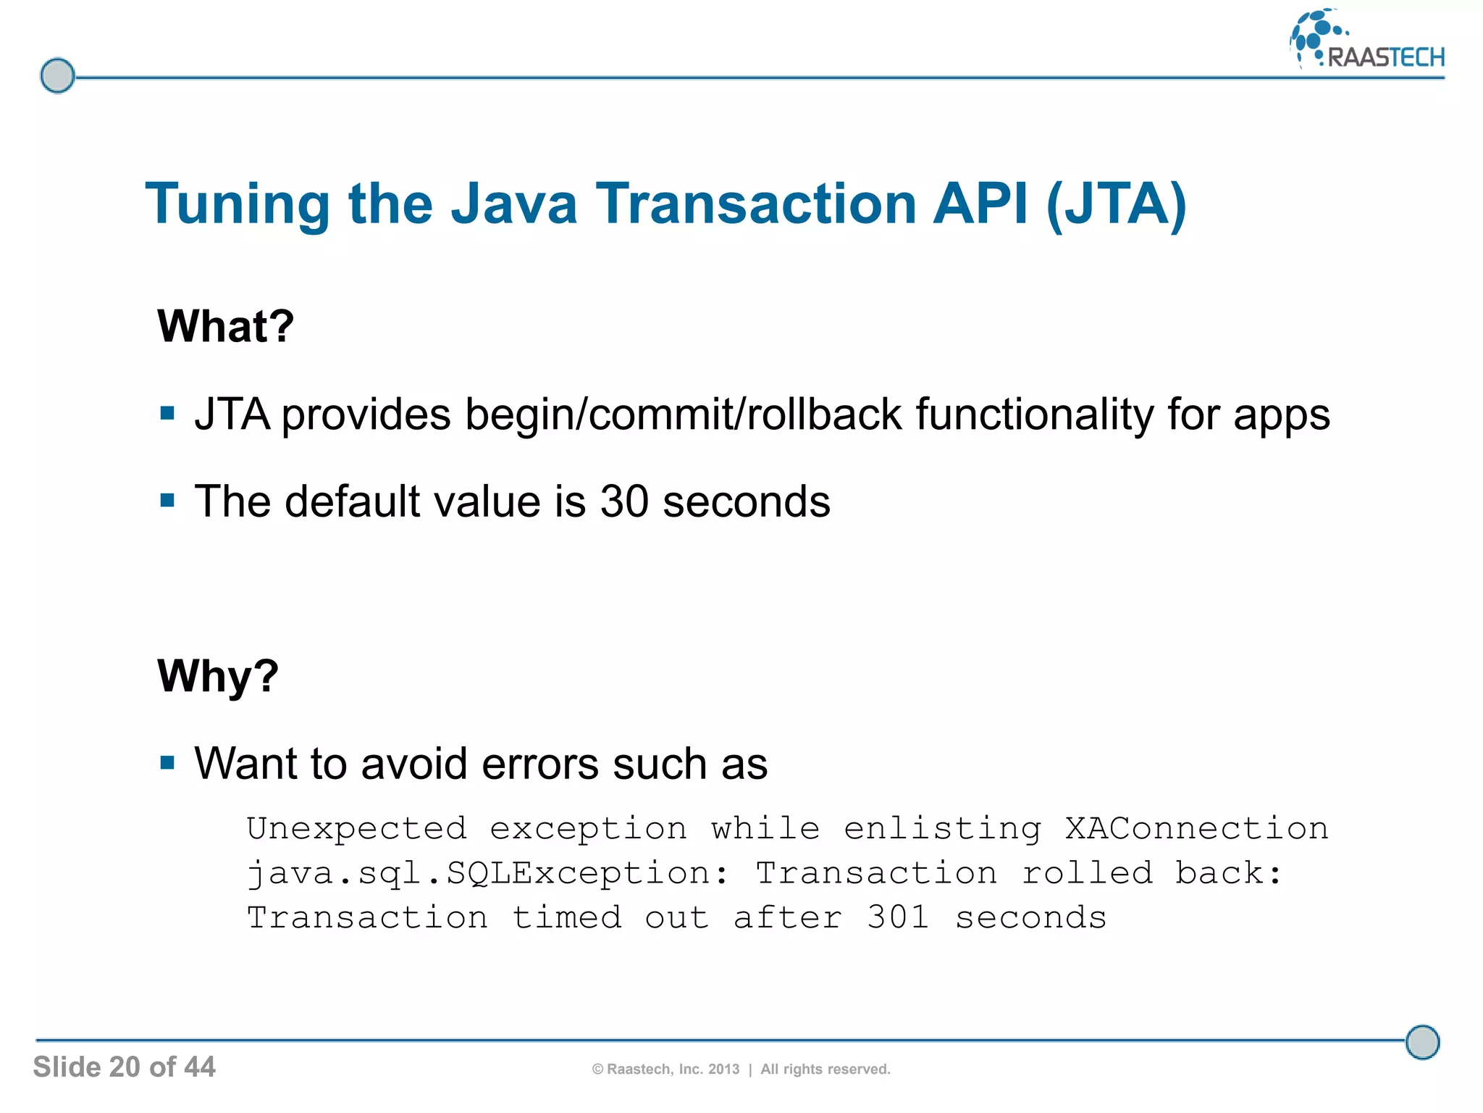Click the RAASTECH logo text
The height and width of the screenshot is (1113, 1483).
click(x=1385, y=57)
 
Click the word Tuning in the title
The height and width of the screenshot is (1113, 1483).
click(x=238, y=205)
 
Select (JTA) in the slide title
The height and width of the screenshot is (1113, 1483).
click(x=1116, y=205)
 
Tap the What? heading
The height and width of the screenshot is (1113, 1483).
click(x=225, y=326)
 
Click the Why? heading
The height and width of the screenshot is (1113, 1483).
click(x=217, y=675)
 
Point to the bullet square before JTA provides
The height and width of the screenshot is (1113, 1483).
click(x=168, y=414)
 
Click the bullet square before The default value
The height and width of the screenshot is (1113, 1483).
click(x=168, y=501)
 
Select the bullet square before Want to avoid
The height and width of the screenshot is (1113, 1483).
click(x=168, y=762)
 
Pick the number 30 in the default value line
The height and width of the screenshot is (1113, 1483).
click(x=623, y=501)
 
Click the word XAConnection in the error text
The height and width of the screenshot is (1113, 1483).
click(x=1196, y=828)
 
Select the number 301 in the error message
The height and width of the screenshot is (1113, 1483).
click(x=898, y=917)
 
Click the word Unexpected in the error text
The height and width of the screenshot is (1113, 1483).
click(x=357, y=828)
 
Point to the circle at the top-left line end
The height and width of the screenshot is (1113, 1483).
click(x=57, y=75)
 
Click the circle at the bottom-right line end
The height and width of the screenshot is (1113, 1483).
click(x=1422, y=1042)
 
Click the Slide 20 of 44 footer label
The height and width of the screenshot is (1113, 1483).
click(x=124, y=1067)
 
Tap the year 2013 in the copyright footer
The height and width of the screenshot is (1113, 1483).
click(x=723, y=1070)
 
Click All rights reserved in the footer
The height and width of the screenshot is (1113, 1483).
click(x=825, y=1070)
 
